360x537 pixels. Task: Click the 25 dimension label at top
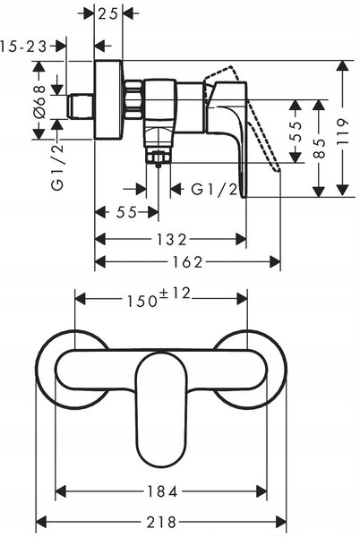tap(107, 14)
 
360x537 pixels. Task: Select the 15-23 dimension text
tap(23, 46)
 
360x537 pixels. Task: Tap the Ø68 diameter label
tap(39, 102)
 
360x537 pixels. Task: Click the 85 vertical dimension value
tap(319, 149)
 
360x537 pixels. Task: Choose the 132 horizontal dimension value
tap(172, 239)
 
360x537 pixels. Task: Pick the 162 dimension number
tap(188, 262)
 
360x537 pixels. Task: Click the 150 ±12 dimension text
tap(159, 298)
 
